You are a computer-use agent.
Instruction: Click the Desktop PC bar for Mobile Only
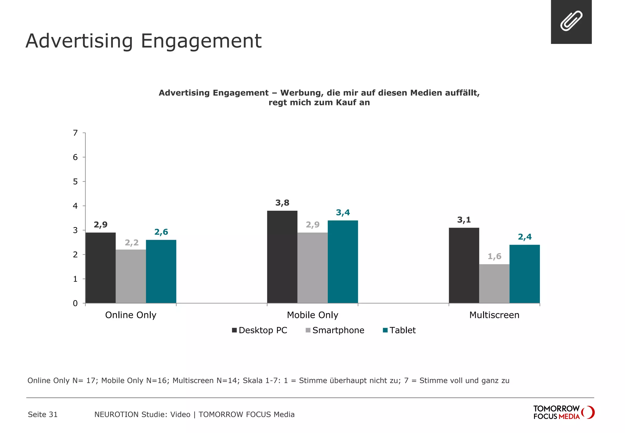coord(282,257)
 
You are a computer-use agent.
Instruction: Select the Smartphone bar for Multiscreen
coord(494,283)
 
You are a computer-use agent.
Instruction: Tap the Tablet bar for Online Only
coord(161,271)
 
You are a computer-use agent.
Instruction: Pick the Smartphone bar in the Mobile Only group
coord(312,267)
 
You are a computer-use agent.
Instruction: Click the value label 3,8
coord(282,203)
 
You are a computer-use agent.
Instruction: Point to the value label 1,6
coord(494,256)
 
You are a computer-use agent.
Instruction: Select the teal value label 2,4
coord(525,237)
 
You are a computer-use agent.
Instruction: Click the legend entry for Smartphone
coord(335,330)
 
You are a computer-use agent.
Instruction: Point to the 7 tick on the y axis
coord(75,133)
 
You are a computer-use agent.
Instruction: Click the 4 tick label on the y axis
coord(75,206)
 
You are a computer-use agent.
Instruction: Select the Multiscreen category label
coord(494,315)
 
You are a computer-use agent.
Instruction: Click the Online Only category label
coord(131,315)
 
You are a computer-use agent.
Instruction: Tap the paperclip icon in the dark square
coord(571,21)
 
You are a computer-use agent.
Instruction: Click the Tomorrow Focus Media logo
coord(563,412)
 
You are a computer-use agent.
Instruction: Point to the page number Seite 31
coord(43,414)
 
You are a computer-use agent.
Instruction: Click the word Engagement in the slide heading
coord(201,41)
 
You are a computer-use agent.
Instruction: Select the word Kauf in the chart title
coord(346,103)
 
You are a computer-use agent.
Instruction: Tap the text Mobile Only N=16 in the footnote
coord(135,380)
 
